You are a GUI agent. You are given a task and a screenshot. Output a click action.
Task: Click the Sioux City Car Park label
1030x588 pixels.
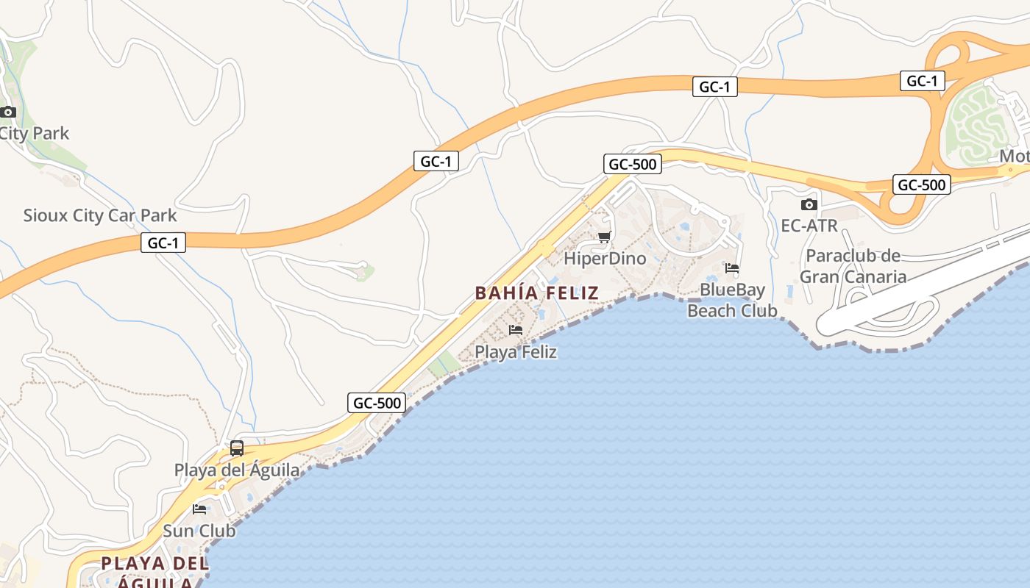click(x=100, y=215)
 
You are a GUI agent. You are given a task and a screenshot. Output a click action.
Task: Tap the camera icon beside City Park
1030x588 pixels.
click(x=8, y=112)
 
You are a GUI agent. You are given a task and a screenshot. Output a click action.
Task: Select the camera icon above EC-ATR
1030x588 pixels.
click(x=809, y=205)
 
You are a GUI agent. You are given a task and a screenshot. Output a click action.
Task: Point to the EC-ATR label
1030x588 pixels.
click(x=809, y=226)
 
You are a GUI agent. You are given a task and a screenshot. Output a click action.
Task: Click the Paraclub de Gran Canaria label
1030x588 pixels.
click(x=853, y=266)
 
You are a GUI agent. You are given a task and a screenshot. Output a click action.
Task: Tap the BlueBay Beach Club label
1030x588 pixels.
click(x=732, y=300)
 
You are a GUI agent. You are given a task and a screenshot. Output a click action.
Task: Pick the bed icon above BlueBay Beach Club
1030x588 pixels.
click(x=732, y=268)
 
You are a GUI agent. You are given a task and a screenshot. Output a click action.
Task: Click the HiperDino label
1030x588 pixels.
click(x=605, y=259)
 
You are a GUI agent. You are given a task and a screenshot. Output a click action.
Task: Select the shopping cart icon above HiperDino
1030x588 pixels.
click(x=605, y=237)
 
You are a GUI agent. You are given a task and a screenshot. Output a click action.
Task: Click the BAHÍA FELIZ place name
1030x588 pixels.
click(x=537, y=293)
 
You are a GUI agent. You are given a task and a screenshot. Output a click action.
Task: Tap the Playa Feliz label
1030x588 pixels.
click(x=516, y=352)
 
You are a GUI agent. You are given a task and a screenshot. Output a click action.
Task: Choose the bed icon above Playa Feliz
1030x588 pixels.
click(x=516, y=330)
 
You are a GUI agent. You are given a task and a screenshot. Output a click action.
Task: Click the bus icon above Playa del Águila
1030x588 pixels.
click(x=237, y=448)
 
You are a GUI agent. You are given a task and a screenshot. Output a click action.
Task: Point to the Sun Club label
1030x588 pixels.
click(x=199, y=531)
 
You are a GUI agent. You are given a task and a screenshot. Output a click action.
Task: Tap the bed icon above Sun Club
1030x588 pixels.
click(x=199, y=509)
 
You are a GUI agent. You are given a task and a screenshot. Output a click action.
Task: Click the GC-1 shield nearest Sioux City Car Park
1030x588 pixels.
click(x=163, y=243)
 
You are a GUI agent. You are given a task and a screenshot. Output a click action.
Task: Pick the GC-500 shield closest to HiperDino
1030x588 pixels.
click(x=632, y=164)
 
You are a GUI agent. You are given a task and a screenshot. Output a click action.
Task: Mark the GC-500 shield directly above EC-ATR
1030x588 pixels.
click(x=922, y=184)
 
